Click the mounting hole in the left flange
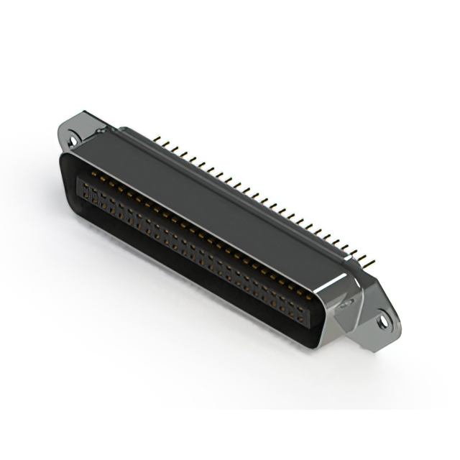(x=73, y=134)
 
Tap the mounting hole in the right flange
(x=385, y=323)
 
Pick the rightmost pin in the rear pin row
(x=373, y=258)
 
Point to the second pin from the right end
(x=365, y=254)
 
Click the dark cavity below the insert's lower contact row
(x=180, y=273)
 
